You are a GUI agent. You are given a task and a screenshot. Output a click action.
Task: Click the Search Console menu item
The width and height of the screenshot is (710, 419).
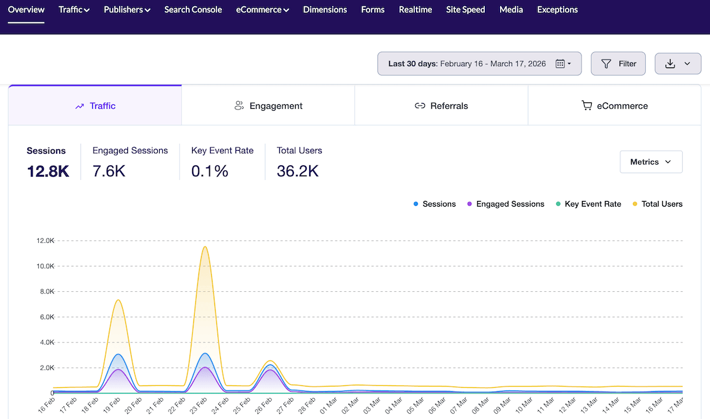point(193,10)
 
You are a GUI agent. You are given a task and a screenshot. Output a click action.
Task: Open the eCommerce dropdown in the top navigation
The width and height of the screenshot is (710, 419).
point(262,10)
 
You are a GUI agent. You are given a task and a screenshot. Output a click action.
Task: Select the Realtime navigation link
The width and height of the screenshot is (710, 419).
point(415,10)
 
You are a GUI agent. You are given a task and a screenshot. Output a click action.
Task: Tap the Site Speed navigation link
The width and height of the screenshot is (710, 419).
point(465,10)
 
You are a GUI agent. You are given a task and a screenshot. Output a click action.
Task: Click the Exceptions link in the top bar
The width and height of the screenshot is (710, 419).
point(557,10)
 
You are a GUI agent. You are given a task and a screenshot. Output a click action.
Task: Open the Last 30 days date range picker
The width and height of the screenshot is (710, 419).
point(479,64)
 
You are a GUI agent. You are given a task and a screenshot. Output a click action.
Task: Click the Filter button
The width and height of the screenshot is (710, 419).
point(618,64)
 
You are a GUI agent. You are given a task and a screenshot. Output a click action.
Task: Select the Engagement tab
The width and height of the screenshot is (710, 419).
point(268,106)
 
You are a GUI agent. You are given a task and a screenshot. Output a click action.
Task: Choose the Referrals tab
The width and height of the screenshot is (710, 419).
point(441,106)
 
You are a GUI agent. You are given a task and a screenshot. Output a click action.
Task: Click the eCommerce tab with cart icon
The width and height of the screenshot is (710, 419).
point(615,106)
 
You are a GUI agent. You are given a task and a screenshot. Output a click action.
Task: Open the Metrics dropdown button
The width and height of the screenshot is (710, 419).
point(651,162)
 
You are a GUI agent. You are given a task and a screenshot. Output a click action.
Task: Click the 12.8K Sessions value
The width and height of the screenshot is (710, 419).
point(48,171)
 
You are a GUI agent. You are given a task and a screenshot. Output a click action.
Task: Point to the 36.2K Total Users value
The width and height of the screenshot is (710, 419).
point(298,171)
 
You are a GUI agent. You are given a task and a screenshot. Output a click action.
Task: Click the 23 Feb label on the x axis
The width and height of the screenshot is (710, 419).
point(199,406)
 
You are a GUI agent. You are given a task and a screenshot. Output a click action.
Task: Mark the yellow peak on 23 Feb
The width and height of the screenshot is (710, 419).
point(204,247)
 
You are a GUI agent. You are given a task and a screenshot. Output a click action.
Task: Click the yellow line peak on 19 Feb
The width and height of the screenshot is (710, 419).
point(118,300)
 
